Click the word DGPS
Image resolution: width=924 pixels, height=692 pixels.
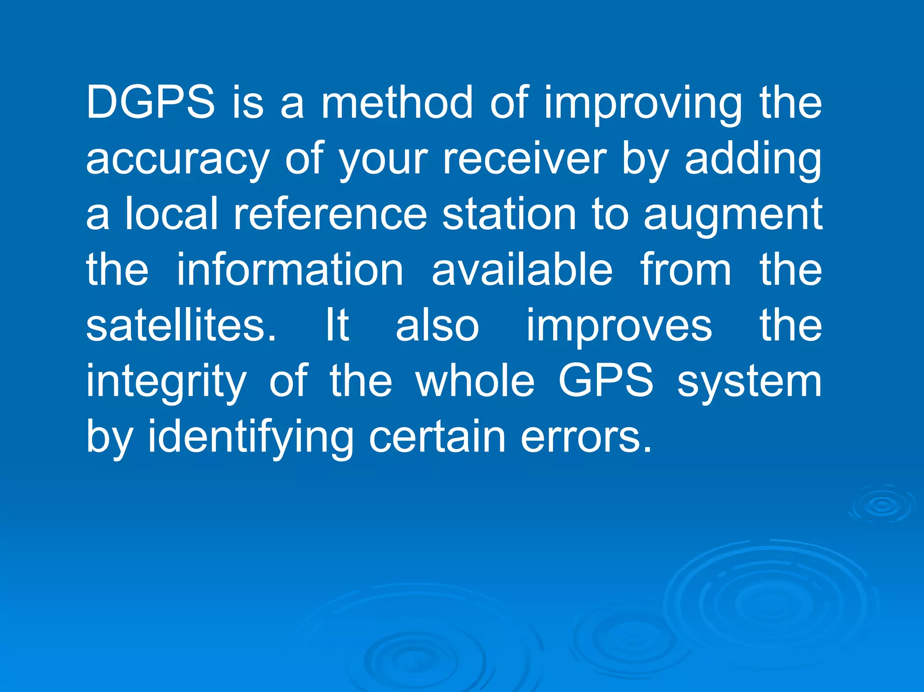tap(150, 102)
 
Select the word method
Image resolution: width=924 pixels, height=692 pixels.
tap(397, 102)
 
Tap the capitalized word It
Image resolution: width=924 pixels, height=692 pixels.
tap(337, 325)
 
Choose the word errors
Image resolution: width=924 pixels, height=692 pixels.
tap(586, 437)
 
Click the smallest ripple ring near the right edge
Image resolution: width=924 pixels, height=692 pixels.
tap(882, 505)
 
